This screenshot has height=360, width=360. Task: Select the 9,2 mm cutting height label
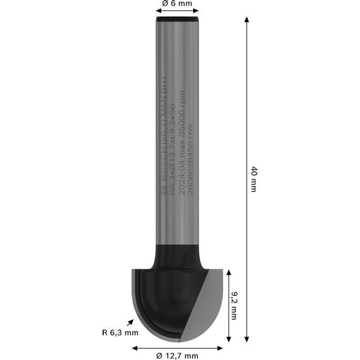[x=234, y=305]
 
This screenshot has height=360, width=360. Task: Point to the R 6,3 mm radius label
[x=120, y=332]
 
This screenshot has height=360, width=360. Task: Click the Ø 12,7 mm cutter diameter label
[x=177, y=356]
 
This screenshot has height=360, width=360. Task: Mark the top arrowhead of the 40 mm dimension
[x=247, y=20]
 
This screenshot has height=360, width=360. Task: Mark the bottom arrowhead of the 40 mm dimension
[x=247, y=339]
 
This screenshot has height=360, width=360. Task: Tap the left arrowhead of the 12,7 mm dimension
[x=135, y=347]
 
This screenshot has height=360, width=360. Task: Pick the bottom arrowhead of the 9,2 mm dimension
[x=227, y=339]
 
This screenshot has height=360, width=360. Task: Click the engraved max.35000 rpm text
[x=182, y=114]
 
